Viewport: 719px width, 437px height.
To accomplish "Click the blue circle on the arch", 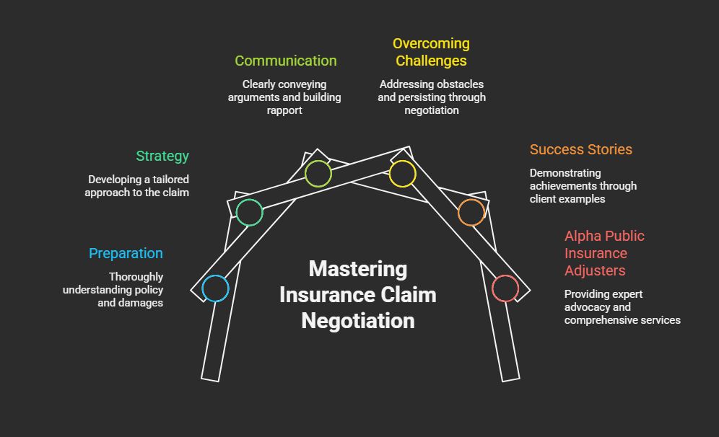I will pyautogui.click(x=215, y=288).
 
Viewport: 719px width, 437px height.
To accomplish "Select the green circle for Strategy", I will pyautogui.click(x=249, y=213).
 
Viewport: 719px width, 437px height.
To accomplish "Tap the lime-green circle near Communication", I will pyautogui.click(x=318, y=174).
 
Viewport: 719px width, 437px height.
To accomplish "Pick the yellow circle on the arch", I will pyautogui.click(x=402, y=174).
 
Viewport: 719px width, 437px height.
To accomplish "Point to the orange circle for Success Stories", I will pyautogui.click(x=471, y=213).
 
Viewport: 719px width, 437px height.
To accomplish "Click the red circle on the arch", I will pyautogui.click(x=505, y=288).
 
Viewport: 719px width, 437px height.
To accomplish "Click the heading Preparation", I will pyautogui.click(x=126, y=253).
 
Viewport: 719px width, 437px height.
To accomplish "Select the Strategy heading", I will pyautogui.click(x=162, y=156).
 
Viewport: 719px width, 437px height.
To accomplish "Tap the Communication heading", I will pyautogui.click(x=285, y=61).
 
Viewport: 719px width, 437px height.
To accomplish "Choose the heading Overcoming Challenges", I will pyautogui.click(x=431, y=52).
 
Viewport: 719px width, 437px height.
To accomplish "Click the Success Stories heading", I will pyautogui.click(x=580, y=149).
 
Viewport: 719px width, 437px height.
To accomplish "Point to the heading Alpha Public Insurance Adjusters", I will pyautogui.click(x=604, y=253).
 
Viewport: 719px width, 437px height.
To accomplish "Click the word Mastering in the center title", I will pyautogui.click(x=358, y=269).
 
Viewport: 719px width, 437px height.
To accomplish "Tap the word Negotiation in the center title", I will pyautogui.click(x=358, y=320).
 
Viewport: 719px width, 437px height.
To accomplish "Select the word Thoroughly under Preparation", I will pyautogui.click(x=136, y=277).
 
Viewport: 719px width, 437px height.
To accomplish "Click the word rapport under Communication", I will pyautogui.click(x=284, y=110).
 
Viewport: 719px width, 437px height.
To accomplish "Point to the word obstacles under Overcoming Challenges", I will pyautogui.click(x=459, y=84).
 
